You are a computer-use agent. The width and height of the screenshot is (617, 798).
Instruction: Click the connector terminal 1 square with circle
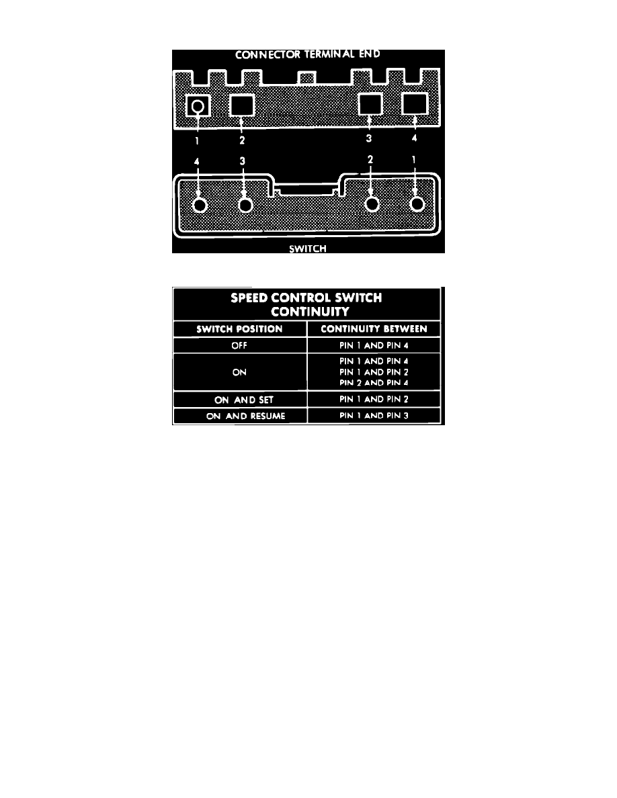(x=198, y=106)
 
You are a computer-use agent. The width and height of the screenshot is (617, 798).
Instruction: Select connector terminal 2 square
(x=242, y=105)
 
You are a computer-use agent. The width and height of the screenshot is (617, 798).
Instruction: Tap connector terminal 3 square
(x=370, y=104)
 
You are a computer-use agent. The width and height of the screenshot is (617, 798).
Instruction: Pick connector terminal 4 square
(x=415, y=104)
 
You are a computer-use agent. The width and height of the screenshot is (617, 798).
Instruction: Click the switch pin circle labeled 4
(x=200, y=205)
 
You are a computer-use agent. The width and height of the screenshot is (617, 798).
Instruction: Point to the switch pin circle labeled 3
(x=245, y=205)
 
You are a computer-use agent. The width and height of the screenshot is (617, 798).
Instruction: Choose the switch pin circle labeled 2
(x=372, y=204)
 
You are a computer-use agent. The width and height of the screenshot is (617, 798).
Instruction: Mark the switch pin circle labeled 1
(x=417, y=204)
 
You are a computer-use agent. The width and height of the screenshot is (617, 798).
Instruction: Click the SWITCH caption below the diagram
(x=307, y=249)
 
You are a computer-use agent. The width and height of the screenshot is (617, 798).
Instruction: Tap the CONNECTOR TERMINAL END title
(x=307, y=54)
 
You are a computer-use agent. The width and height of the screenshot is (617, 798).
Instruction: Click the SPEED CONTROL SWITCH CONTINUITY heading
(x=307, y=304)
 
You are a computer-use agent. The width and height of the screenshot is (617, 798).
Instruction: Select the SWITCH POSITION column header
(x=239, y=328)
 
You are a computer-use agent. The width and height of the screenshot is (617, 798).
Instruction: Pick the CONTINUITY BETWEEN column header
(x=374, y=328)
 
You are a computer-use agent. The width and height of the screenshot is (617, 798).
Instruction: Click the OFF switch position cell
(x=239, y=345)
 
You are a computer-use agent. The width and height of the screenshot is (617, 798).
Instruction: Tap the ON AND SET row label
(x=244, y=400)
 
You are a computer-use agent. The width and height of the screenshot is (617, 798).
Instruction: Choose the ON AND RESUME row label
(x=245, y=416)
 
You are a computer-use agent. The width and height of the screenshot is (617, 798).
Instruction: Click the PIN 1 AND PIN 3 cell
(x=374, y=416)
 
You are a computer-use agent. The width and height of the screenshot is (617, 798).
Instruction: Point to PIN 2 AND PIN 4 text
(x=374, y=383)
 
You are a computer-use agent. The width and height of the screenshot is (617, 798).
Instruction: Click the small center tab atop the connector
(x=306, y=78)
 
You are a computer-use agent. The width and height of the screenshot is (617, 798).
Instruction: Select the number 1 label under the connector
(x=197, y=140)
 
